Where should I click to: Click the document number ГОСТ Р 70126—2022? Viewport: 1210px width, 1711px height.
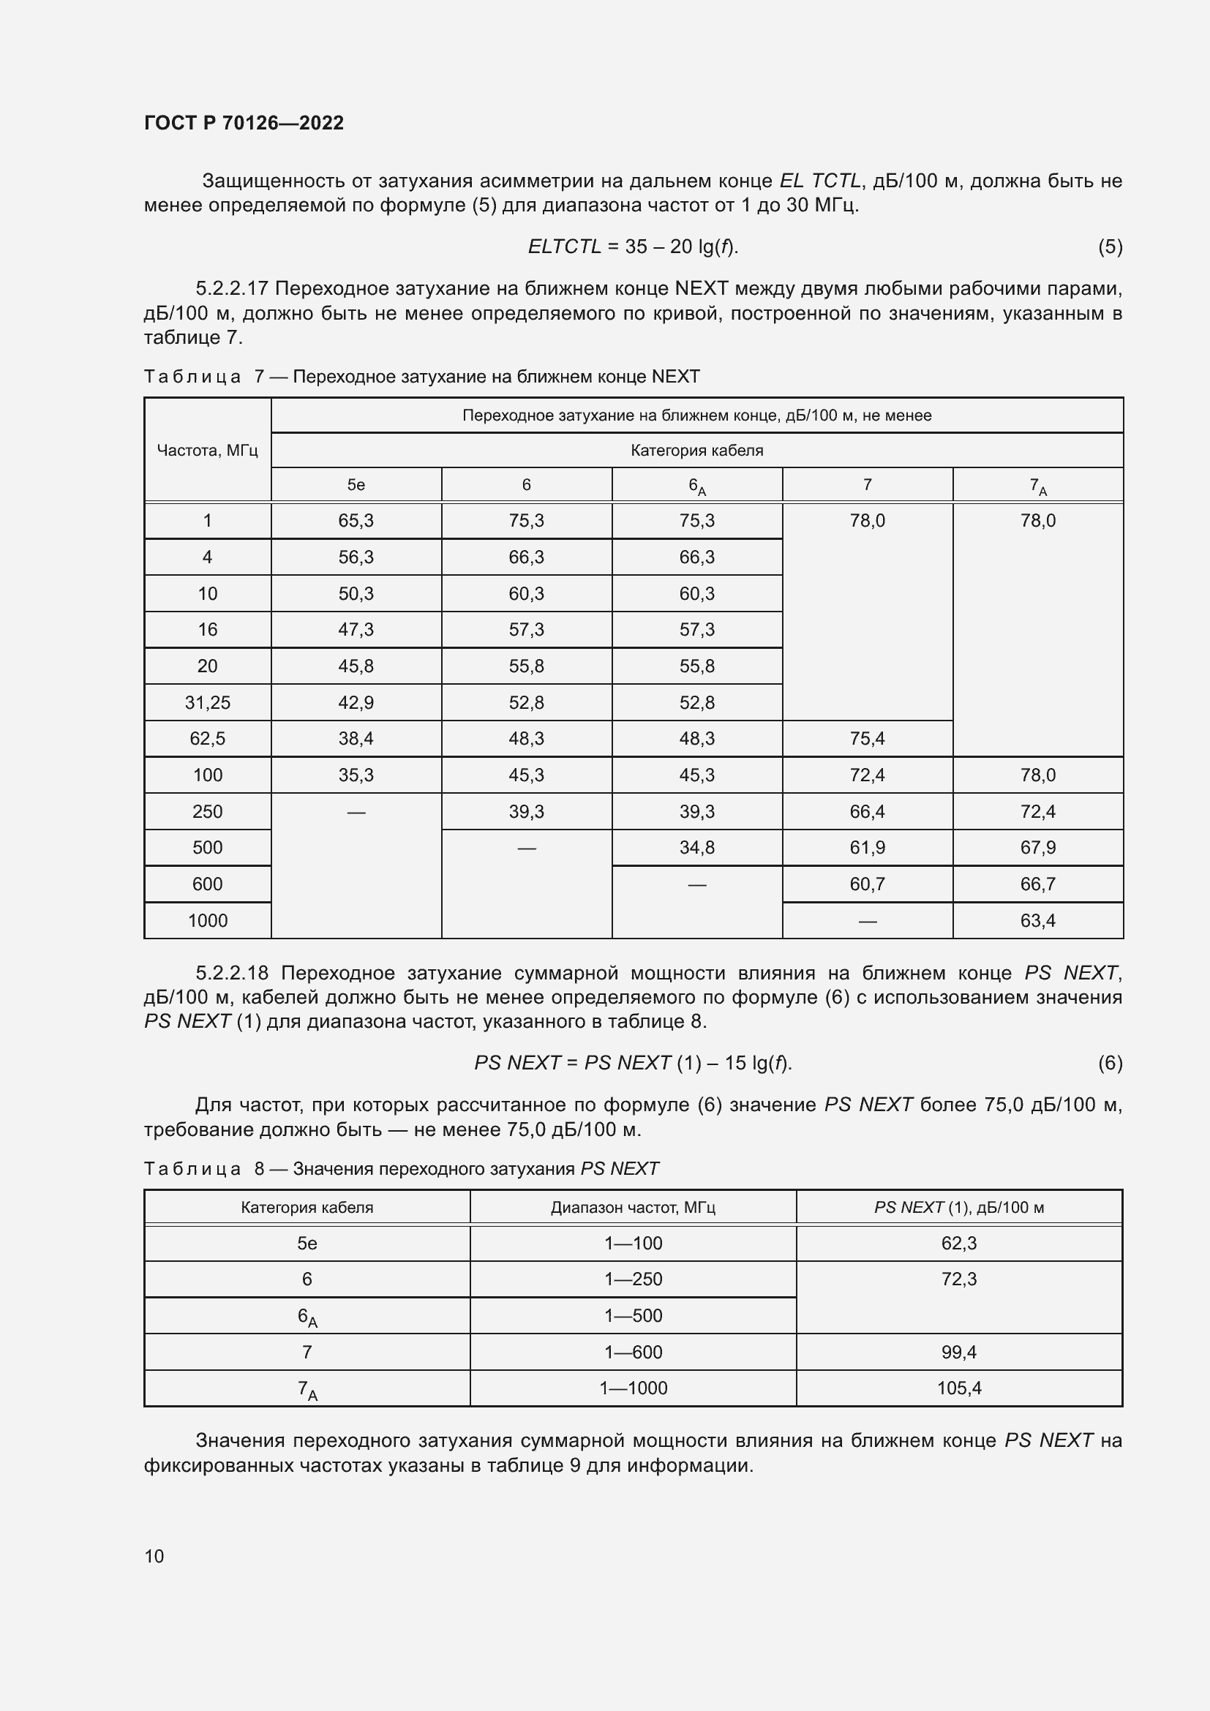point(244,123)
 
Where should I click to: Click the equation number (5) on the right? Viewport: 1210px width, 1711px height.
point(1110,247)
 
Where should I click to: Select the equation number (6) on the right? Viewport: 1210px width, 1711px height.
point(1110,1063)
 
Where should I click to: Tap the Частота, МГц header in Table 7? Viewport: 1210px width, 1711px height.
point(207,450)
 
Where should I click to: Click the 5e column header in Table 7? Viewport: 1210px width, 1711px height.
point(356,485)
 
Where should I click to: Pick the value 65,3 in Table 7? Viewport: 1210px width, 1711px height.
point(356,521)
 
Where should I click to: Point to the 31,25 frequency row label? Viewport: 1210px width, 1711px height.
point(207,703)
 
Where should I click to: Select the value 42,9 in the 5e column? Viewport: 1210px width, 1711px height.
point(356,703)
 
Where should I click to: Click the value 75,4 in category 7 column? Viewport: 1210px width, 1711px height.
point(868,739)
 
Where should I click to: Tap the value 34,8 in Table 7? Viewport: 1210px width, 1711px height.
point(696,847)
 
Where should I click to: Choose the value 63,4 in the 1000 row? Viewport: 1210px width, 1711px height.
point(1038,921)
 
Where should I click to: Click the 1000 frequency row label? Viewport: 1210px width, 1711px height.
point(207,921)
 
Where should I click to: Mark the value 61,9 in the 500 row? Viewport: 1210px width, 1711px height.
point(868,847)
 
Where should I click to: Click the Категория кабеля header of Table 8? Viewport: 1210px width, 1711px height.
point(307,1207)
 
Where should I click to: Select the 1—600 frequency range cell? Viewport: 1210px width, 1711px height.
point(634,1352)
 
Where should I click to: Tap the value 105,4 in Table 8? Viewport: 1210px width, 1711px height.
point(959,1388)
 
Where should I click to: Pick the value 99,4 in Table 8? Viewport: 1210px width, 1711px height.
point(959,1352)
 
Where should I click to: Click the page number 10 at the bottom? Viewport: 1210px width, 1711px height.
point(154,1556)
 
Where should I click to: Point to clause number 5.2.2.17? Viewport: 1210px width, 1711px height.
point(235,288)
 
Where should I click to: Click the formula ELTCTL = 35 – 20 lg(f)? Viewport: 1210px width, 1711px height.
point(634,247)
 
